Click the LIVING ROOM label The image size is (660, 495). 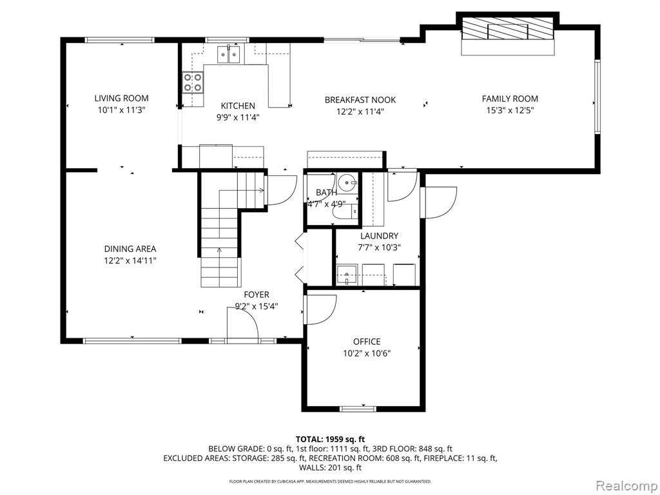[x=121, y=99]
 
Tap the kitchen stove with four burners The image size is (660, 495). [x=193, y=82]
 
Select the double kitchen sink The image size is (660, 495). [x=229, y=54]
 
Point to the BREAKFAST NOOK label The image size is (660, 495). [x=360, y=100]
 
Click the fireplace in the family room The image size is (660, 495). [x=508, y=35]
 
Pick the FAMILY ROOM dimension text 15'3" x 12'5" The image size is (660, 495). [x=510, y=111]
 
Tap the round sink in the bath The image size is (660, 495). [x=347, y=182]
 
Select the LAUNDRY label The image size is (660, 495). [x=379, y=236]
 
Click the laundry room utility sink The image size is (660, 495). [x=347, y=275]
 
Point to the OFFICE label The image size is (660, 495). [x=367, y=342]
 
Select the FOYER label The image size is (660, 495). [x=257, y=295]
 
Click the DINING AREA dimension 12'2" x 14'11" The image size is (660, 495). [x=130, y=260]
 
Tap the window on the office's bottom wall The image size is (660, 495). [x=358, y=408]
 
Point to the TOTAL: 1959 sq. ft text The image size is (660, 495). [x=330, y=440]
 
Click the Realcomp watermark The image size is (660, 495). [x=626, y=485]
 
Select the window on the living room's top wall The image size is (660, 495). [x=119, y=40]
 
